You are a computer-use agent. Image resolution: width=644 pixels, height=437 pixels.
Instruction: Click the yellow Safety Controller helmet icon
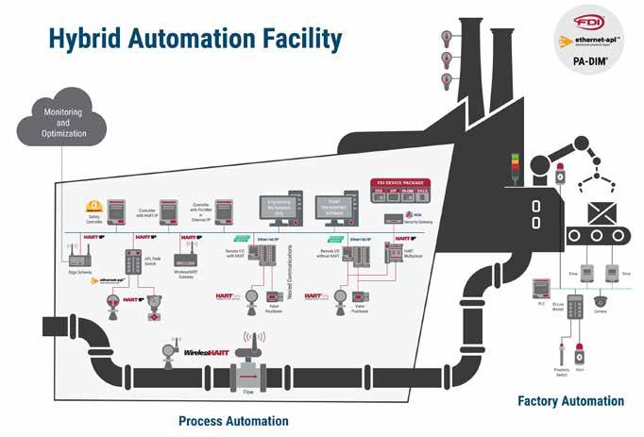(93, 206)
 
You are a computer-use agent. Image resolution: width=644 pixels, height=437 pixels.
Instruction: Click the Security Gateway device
(392, 219)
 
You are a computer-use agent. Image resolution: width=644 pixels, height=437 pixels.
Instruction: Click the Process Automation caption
(233, 420)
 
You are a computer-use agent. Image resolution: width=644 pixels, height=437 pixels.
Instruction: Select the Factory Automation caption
(570, 401)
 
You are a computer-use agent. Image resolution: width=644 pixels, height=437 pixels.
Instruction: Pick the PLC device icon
(541, 287)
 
